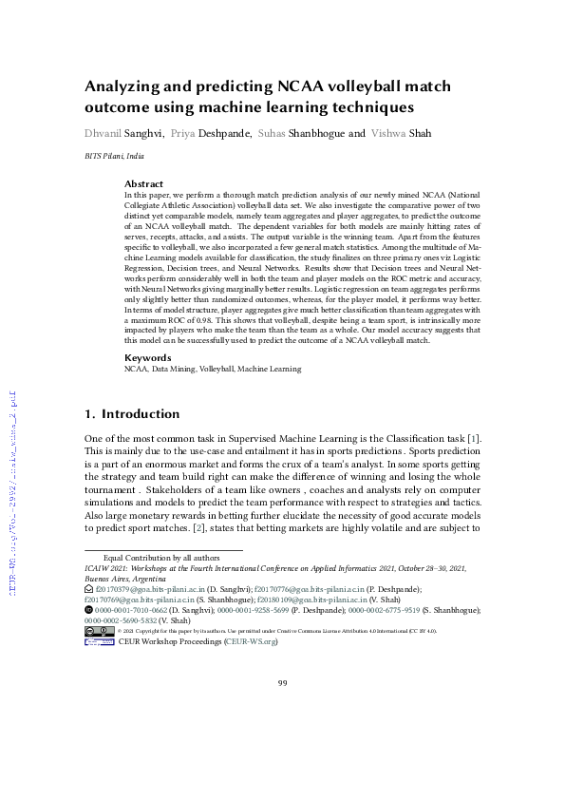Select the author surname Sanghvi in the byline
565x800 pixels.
coord(141,133)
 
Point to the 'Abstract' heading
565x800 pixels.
coord(144,183)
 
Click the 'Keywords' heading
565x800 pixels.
coord(148,358)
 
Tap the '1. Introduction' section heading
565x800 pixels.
coord(132,414)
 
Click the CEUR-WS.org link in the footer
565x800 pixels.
coord(251,642)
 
